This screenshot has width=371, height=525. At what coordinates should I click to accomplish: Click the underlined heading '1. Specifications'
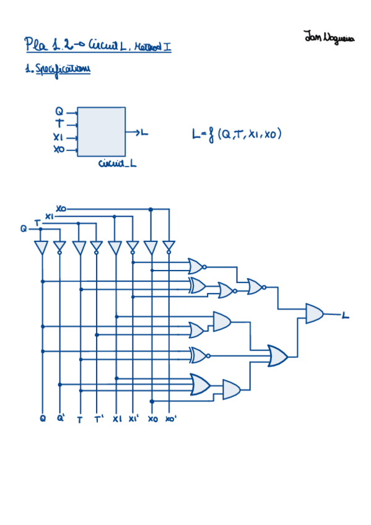[x=58, y=70]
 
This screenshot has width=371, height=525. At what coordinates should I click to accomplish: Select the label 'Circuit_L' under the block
[x=117, y=163]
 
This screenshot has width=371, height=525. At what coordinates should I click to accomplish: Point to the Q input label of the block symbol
[x=59, y=111]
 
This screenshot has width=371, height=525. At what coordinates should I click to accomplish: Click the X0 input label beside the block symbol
[x=58, y=150]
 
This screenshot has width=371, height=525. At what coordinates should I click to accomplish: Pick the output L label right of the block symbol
[x=144, y=132]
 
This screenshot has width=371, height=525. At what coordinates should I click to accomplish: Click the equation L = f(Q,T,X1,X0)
[x=237, y=132]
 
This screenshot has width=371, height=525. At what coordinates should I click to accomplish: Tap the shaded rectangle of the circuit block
[x=101, y=132]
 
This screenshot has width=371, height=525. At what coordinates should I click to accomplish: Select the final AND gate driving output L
[x=314, y=313]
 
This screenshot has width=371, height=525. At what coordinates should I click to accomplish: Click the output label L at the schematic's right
[x=345, y=316]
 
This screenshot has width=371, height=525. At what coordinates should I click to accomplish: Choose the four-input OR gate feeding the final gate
[x=277, y=356]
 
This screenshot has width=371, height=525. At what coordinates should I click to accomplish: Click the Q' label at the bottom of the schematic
[x=61, y=419]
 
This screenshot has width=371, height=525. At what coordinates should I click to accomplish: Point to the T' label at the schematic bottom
[x=98, y=419]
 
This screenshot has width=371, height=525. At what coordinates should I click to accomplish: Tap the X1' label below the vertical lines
[x=134, y=419]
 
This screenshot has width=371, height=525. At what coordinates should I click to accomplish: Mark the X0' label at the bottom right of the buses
[x=171, y=419]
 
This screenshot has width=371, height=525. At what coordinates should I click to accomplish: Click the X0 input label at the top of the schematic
[x=61, y=208]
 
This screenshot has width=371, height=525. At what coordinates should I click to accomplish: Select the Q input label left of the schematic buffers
[x=24, y=228]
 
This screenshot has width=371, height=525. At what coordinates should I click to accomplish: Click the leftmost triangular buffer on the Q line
[x=41, y=248]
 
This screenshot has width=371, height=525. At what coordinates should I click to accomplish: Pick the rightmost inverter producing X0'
[x=168, y=248]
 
